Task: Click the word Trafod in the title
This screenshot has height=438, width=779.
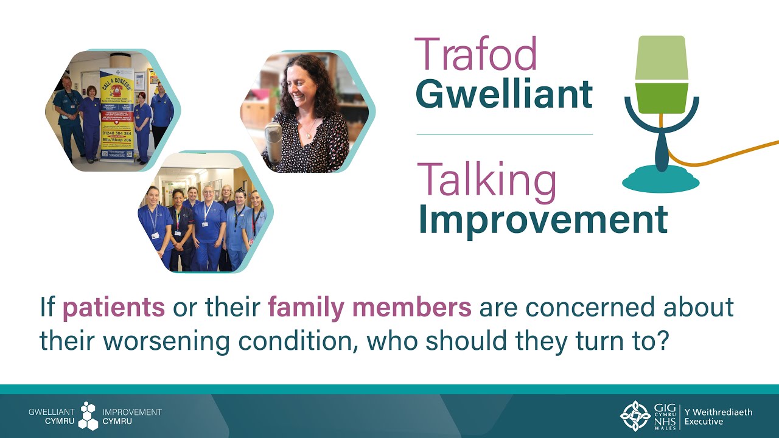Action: (x=476, y=54)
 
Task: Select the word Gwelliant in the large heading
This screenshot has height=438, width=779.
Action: (x=504, y=94)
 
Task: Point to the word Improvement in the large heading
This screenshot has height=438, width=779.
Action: (x=542, y=220)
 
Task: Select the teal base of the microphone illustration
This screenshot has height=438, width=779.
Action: (x=661, y=180)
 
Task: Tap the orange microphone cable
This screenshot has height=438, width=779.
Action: (x=730, y=155)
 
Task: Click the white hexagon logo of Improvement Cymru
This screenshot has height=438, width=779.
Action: (x=89, y=416)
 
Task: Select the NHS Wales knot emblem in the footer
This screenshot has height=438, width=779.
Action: (x=635, y=416)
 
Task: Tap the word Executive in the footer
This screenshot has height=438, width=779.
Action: (x=704, y=421)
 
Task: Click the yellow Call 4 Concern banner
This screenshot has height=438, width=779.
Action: (x=117, y=116)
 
